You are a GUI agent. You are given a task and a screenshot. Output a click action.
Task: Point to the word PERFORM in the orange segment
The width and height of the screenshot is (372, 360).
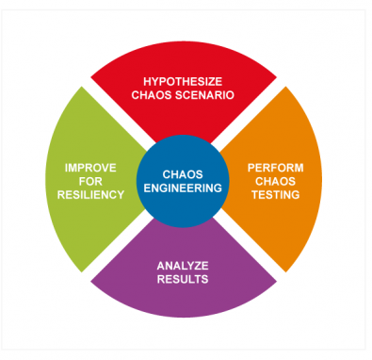coord(274,167)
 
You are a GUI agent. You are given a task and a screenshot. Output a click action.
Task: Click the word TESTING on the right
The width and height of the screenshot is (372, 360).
coord(274,195)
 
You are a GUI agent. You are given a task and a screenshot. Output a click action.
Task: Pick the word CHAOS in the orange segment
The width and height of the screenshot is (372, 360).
coord(274,181)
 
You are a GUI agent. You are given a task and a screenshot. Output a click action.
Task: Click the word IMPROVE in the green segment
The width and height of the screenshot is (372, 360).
coord(90,167)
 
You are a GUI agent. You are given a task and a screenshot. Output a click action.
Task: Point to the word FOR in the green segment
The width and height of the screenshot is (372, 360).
coord(90,181)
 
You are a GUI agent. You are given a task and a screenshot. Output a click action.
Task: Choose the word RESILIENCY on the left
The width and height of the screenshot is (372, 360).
coord(90,195)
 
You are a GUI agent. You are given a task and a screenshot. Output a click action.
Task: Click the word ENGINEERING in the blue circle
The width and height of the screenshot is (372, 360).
coord(183,188)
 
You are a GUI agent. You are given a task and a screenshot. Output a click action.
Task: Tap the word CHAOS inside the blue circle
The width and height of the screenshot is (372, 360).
coord(183,173)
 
